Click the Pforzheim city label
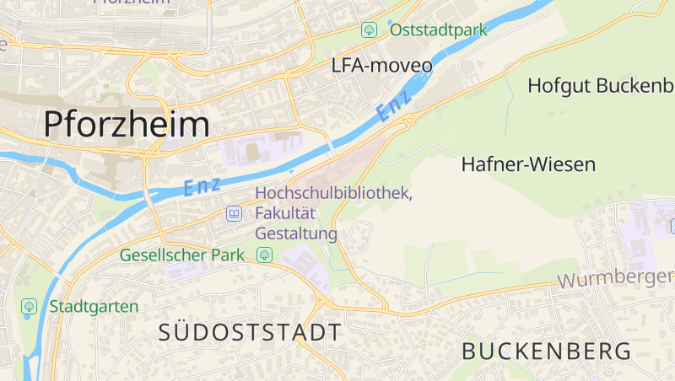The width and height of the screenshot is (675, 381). [126, 125]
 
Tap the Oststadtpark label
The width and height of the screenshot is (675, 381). [439, 30]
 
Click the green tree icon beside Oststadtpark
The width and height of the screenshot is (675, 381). [369, 30]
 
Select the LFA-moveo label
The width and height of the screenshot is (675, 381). [381, 66]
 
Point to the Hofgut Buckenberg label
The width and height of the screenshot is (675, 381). [600, 85]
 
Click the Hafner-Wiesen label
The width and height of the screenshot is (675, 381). [528, 164]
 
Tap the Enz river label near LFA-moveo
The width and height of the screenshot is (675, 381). [394, 104]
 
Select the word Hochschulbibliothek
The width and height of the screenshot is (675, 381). [333, 193]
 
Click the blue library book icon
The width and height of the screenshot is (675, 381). [234, 214]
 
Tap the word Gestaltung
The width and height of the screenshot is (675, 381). [295, 233]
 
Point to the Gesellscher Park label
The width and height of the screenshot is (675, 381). [181, 255]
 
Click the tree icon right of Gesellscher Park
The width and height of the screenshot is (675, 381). [264, 255]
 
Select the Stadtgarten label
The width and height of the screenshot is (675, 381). [93, 306]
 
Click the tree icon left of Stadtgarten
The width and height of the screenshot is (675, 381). [30, 306]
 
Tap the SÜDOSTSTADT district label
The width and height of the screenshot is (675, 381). [251, 332]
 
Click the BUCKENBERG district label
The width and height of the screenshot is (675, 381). [547, 351]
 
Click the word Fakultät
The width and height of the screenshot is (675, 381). [285, 213]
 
